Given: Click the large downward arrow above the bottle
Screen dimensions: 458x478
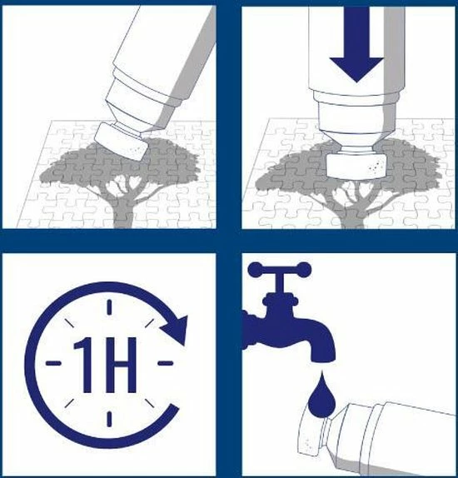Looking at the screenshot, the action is click(356, 46).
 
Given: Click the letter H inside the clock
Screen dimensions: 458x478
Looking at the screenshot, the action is click(121, 365).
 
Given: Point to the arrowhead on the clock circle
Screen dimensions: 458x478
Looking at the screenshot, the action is click(175, 331).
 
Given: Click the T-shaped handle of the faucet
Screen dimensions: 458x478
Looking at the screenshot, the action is click(280, 276).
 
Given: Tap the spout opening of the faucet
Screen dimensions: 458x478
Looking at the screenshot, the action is click(323, 358).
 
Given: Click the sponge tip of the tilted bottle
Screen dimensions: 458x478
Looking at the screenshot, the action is click(122, 142).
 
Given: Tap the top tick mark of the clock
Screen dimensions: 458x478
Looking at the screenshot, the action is click(109, 306).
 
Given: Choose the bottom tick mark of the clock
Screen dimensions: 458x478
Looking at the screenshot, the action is click(109, 419).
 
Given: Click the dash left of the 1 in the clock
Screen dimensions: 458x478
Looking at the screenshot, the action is click(53, 363).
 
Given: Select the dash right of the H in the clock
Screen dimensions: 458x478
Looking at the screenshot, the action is click(165, 363).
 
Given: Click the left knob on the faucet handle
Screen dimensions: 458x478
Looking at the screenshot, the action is click(256, 270).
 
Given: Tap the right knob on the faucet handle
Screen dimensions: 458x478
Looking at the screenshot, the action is click(304, 270).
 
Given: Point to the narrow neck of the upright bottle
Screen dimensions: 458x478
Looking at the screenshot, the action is click(356, 149).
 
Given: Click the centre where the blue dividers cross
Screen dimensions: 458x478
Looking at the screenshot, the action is click(229, 241).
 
